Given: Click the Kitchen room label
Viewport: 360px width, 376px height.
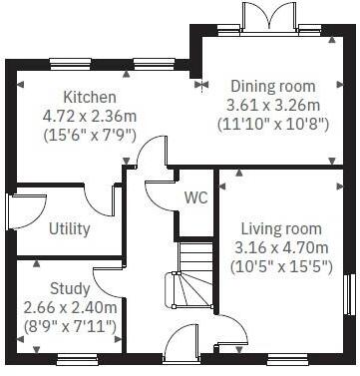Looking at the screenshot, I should pyautogui.click(x=90, y=98).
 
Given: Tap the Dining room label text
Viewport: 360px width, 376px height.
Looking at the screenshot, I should pyautogui.click(x=272, y=87).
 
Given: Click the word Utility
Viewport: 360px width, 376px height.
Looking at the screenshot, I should pyautogui.click(x=70, y=228).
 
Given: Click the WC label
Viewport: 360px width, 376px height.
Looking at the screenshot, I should pyautogui.click(x=195, y=196).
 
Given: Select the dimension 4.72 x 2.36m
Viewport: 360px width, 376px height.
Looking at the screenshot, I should pyautogui.click(x=90, y=117).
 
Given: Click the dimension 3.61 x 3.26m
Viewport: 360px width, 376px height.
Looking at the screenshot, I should pyautogui.click(x=272, y=106).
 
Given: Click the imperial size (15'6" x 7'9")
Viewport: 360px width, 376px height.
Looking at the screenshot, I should pyautogui.click(x=90, y=136).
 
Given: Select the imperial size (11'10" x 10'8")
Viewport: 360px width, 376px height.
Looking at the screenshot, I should pyautogui.click(x=272, y=126).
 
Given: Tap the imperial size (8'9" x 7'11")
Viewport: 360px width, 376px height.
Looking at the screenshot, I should pyautogui.click(x=67, y=326).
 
